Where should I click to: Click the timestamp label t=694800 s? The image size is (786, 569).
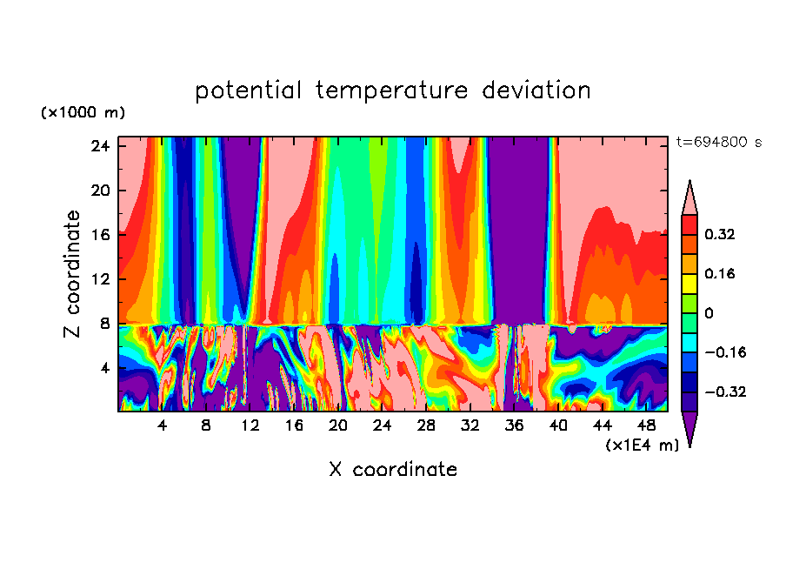pos(718,143)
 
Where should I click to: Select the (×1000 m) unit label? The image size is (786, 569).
pos(83,113)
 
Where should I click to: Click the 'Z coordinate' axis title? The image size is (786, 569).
pos(73,274)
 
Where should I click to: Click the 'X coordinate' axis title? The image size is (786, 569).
pos(393,470)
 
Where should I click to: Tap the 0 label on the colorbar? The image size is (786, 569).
pos(709,312)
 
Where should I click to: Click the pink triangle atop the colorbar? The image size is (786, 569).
pos(689,199)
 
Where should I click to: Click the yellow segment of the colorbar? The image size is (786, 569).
pos(689,283)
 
